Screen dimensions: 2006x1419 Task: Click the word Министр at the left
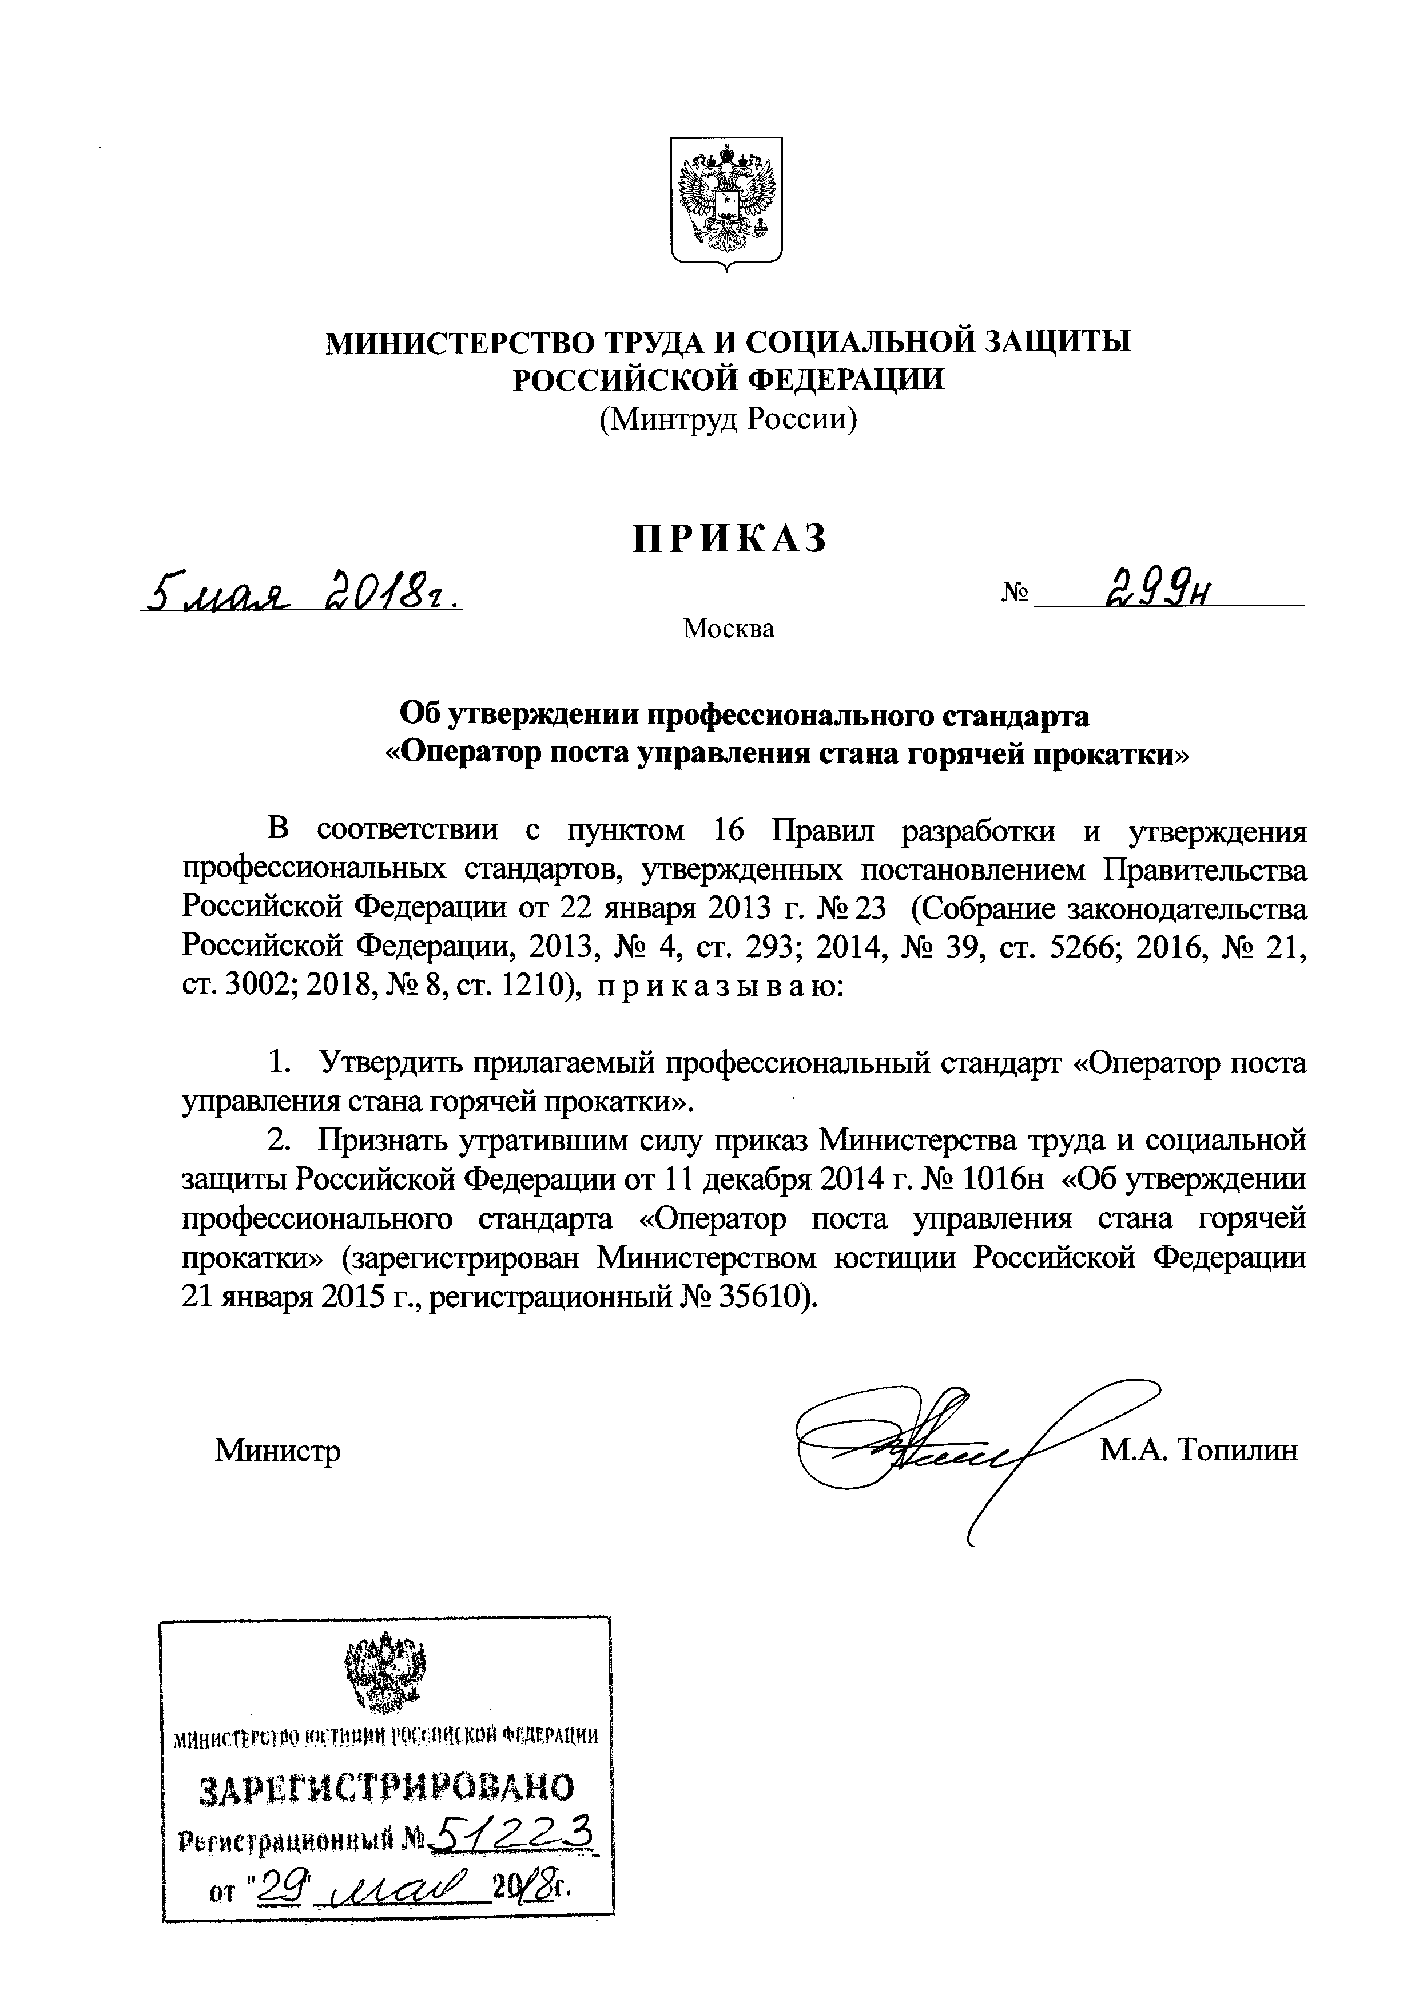coord(278,1451)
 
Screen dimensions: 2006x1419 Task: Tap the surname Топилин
coord(1238,1451)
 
